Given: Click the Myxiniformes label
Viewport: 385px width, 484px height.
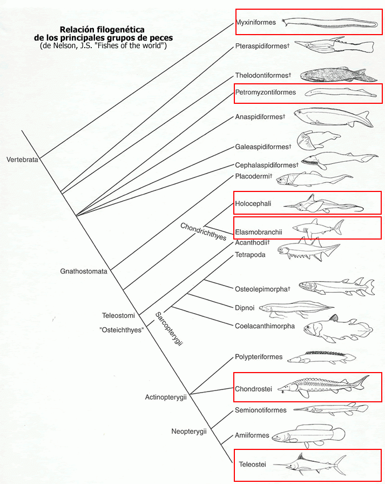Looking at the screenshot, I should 256,22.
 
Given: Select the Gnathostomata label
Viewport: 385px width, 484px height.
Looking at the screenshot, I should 84,271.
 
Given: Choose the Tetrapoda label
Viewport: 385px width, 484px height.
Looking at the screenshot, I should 251,254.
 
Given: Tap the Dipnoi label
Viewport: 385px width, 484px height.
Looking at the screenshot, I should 245,308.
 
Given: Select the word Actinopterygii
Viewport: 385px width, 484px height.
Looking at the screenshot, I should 166,397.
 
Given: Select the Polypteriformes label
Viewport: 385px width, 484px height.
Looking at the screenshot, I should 259,357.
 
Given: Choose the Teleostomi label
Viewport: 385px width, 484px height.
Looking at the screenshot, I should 118,315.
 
